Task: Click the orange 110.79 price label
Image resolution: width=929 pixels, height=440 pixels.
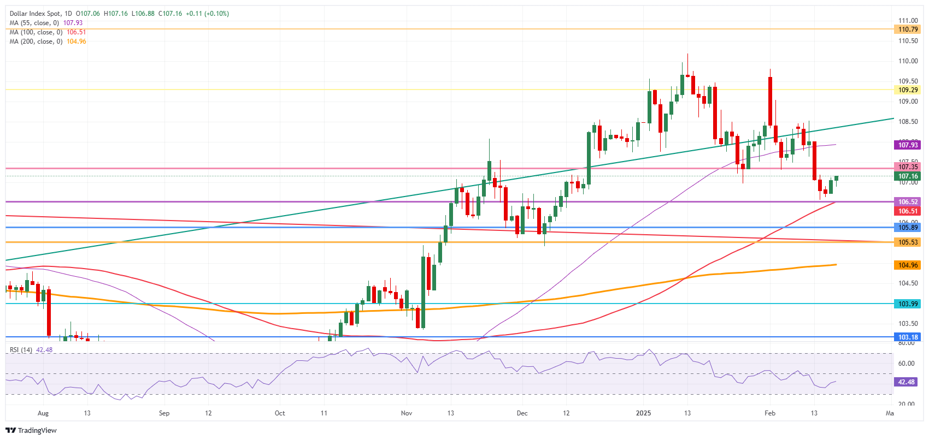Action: pyautogui.click(x=908, y=29)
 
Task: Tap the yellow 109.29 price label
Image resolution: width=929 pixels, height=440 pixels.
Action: pyautogui.click(x=908, y=90)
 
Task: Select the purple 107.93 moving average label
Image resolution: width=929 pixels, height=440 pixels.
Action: pyautogui.click(x=908, y=145)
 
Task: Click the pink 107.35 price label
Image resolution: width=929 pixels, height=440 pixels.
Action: pyautogui.click(x=908, y=167)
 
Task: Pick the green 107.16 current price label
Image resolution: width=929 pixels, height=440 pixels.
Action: pyautogui.click(x=908, y=176)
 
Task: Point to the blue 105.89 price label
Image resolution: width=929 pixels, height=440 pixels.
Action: pyautogui.click(x=908, y=228)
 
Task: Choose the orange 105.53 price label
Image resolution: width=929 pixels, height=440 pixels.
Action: pyautogui.click(x=908, y=242)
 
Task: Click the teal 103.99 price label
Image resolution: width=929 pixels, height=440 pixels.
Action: pyautogui.click(x=908, y=304)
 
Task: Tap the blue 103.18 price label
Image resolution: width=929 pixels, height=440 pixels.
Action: pyautogui.click(x=908, y=337)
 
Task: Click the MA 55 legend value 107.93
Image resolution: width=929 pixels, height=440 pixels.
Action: pyautogui.click(x=73, y=23)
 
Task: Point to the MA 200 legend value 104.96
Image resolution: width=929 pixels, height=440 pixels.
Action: pyautogui.click(x=76, y=41)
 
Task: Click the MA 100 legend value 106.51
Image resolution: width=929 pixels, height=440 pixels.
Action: pyautogui.click(x=76, y=32)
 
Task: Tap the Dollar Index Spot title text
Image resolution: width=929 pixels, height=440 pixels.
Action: pyautogui.click(x=35, y=14)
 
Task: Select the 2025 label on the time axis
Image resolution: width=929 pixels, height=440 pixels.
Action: pyautogui.click(x=643, y=413)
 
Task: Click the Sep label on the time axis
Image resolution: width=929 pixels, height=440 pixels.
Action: pyautogui.click(x=164, y=413)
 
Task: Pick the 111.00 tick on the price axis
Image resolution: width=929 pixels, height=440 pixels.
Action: pyautogui.click(x=908, y=21)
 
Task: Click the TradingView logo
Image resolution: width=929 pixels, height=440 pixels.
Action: pyautogui.click(x=32, y=430)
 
